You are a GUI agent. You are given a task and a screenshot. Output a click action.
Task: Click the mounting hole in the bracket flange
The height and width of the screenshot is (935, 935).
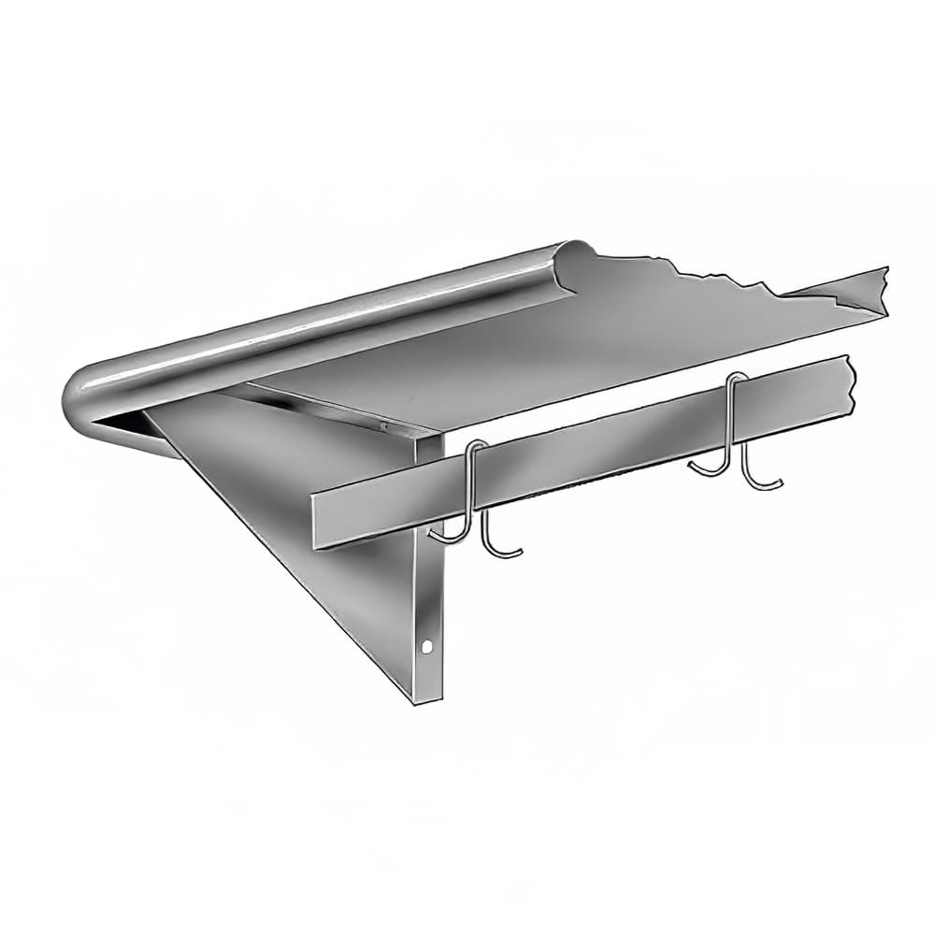(428, 645)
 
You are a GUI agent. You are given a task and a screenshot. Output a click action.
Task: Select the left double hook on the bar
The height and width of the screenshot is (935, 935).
(475, 500)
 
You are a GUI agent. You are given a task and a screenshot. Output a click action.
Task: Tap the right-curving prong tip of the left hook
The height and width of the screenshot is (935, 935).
(517, 553)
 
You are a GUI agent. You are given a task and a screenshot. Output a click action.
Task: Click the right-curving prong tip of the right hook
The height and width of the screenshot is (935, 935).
(776, 482)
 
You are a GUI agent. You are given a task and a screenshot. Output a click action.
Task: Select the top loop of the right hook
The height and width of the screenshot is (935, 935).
(738, 378)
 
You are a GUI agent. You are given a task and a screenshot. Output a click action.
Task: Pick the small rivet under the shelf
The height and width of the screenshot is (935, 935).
(382, 425)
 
